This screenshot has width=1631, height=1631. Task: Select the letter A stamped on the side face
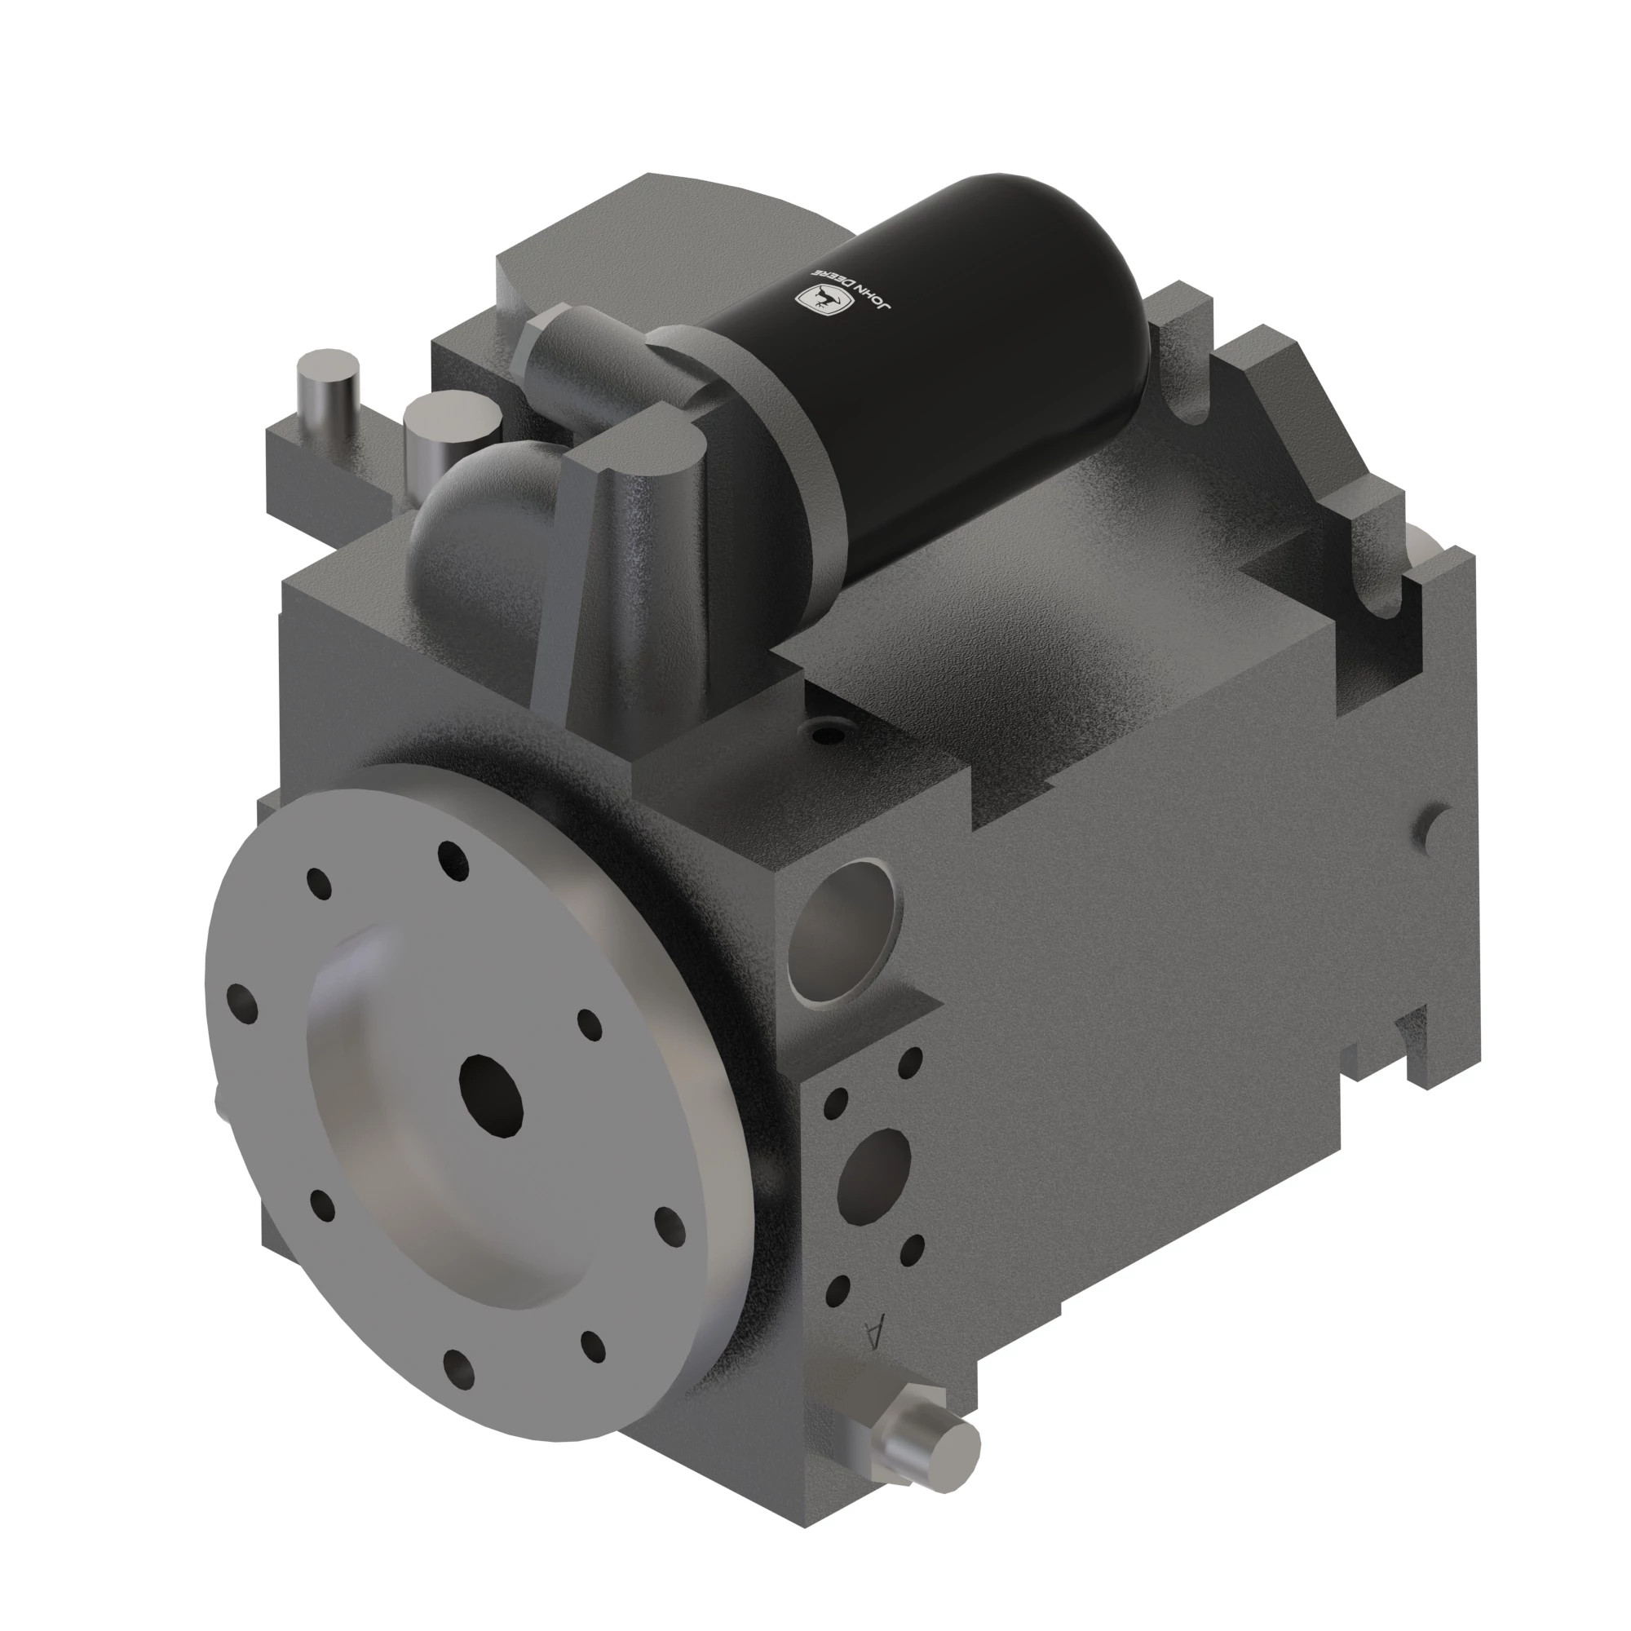pyautogui.click(x=875, y=1334)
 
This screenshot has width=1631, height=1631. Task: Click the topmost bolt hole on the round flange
pyautogui.click(x=453, y=860)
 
